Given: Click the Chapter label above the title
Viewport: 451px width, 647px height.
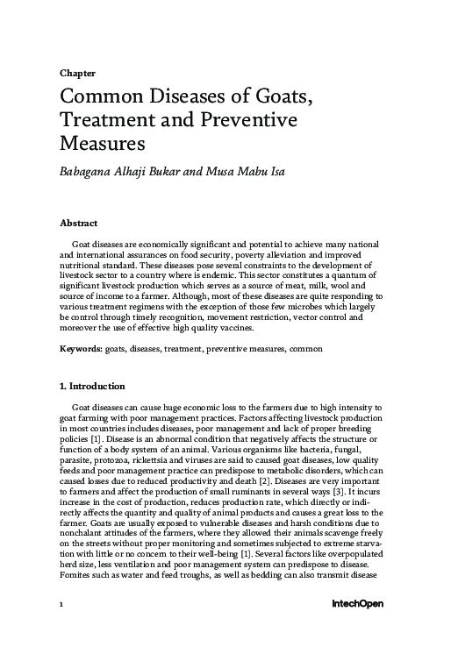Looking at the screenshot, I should [77, 74].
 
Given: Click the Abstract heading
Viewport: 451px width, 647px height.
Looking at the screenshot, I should [78, 224].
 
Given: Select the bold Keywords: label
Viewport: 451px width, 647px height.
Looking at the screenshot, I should [81, 348].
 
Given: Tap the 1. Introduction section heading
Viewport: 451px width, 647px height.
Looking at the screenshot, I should [91, 387].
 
